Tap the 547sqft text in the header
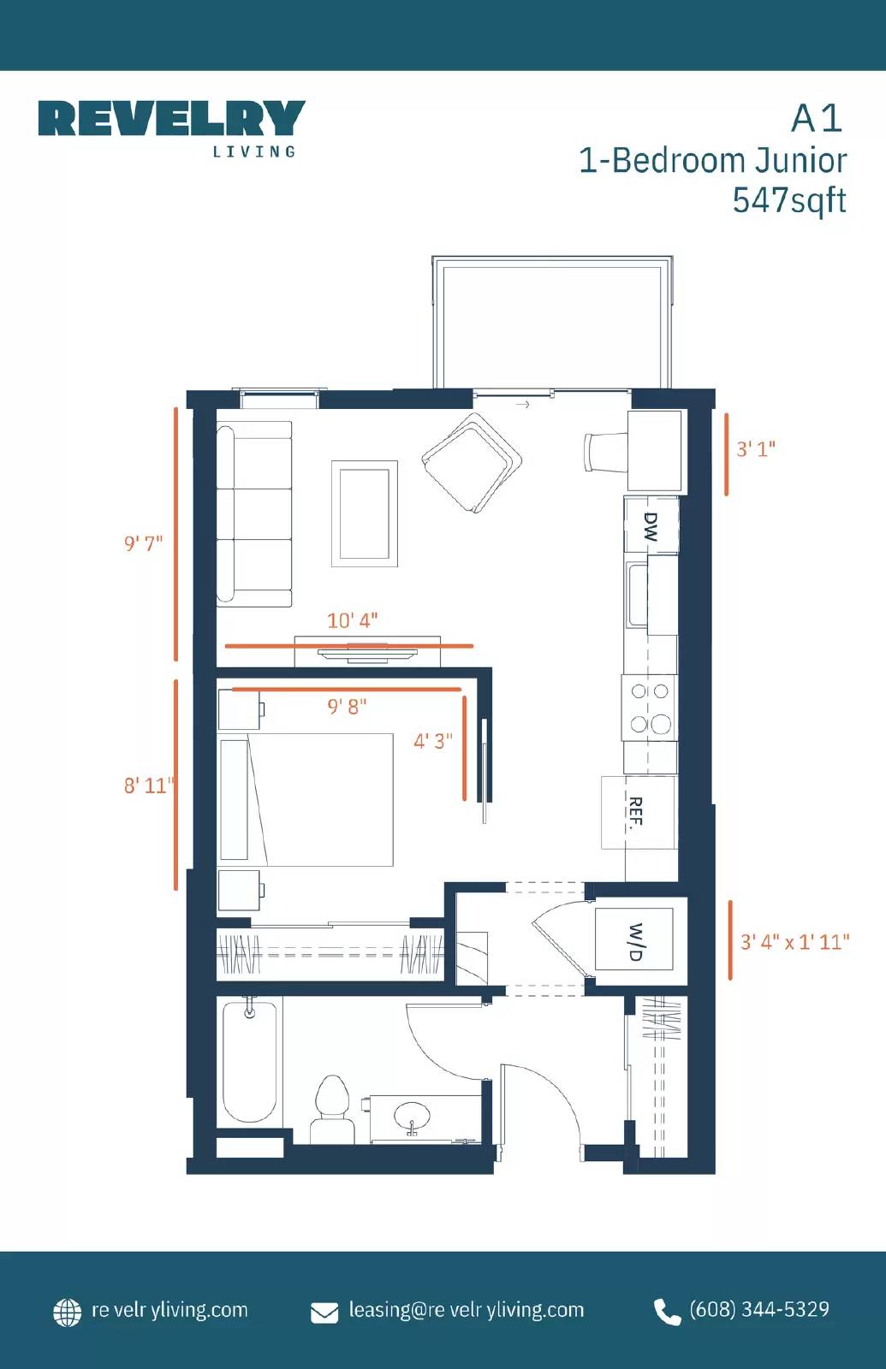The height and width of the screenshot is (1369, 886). (788, 200)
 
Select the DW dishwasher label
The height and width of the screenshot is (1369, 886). (651, 526)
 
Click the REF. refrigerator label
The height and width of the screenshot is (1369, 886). (635, 813)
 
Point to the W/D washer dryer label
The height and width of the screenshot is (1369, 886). (635, 941)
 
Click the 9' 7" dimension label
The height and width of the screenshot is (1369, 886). (143, 543)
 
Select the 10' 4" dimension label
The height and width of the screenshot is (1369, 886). (352, 620)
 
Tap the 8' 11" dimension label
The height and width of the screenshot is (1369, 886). (148, 785)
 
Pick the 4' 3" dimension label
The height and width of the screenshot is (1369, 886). (433, 741)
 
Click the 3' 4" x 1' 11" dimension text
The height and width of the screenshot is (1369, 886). (794, 942)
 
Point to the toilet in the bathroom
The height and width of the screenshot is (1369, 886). (332, 1109)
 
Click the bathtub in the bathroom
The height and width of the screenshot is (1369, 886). (249, 1060)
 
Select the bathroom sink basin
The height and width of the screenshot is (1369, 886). (412, 1116)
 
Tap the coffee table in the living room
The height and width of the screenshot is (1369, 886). (365, 513)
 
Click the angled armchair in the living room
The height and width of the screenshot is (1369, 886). (472, 463)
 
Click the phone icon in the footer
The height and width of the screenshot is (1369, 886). (667, 1311)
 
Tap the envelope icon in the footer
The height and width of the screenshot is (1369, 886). (324, 1312)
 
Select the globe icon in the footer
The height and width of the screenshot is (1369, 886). (68, 1312)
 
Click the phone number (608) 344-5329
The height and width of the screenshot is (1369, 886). (759, 1309)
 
